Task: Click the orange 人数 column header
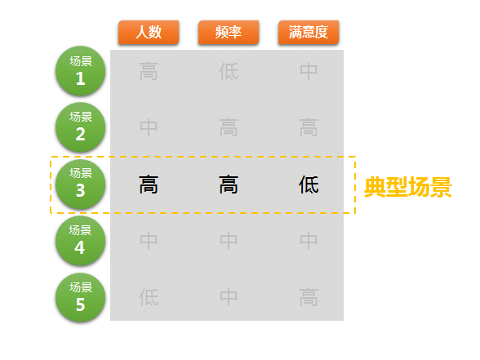click(x=149, y=33)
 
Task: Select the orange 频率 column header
click(x=229, y=33)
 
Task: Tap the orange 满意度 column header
click(x=309, y=33)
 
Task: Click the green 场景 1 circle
click(x=81, y=71)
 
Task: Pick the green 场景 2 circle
click(x=81, y=127)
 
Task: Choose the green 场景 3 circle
click(x=81, y=184)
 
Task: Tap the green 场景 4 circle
click(x=81, y=241)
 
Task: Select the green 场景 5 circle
click(x=81, y=297)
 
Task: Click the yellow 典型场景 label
click(x=408, y=187)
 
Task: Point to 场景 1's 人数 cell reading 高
click(x=149, y=71)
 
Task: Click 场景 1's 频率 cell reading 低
click(x=229, y=71)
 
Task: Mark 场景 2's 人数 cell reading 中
click(x=149, y=127)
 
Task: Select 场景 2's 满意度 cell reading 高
click(x=309, y=127)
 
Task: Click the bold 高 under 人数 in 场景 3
click(x=149, y=184)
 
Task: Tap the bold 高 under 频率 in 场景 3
click(x=229, y=184)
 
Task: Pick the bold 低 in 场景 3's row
click(x=309, y=184)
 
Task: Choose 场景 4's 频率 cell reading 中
click(x=229, y=241)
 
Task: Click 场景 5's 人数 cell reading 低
click(x=149, y=297)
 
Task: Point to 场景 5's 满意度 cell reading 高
click(x=309, y=297)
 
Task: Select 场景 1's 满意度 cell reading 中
click(x=309, y=71)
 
